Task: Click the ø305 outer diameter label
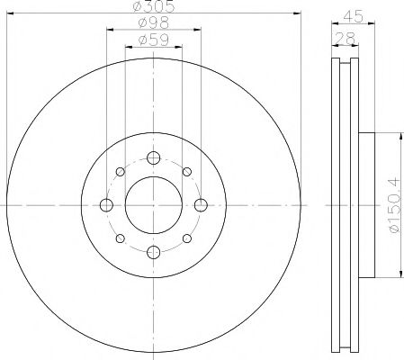click(x=153, y=9)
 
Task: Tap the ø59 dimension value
click(x=153, y=40)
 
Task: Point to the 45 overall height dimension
click(x=354, y=15)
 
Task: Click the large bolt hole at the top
click(x=153, y=159)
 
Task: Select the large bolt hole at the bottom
click(x=153, y=252)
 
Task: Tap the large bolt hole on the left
click(x=107, y=206)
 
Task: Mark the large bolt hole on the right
click(x=200, y=206)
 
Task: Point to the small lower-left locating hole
click(x=121, y=238)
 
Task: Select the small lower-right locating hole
click(x=186, y=238)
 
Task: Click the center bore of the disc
click(x=153, y=206)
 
